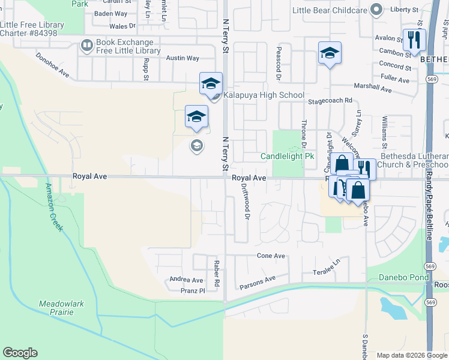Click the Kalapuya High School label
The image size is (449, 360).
point(265,95)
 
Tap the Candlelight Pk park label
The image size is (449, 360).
point(288,157)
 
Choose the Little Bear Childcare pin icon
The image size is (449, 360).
point(376,10)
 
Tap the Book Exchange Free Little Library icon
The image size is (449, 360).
point(86,45)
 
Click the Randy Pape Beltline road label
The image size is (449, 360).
point(429,204)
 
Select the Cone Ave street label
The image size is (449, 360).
point(271,256)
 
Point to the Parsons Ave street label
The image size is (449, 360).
point(257,280)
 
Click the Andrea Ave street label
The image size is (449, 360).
point(186,280)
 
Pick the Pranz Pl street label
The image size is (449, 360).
point(193,290)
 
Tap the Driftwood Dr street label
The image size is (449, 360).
point(246,200)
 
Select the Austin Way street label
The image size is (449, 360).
point(182,58)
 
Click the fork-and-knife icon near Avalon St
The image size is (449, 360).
point(414,40)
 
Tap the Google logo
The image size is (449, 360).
point(20,353)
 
